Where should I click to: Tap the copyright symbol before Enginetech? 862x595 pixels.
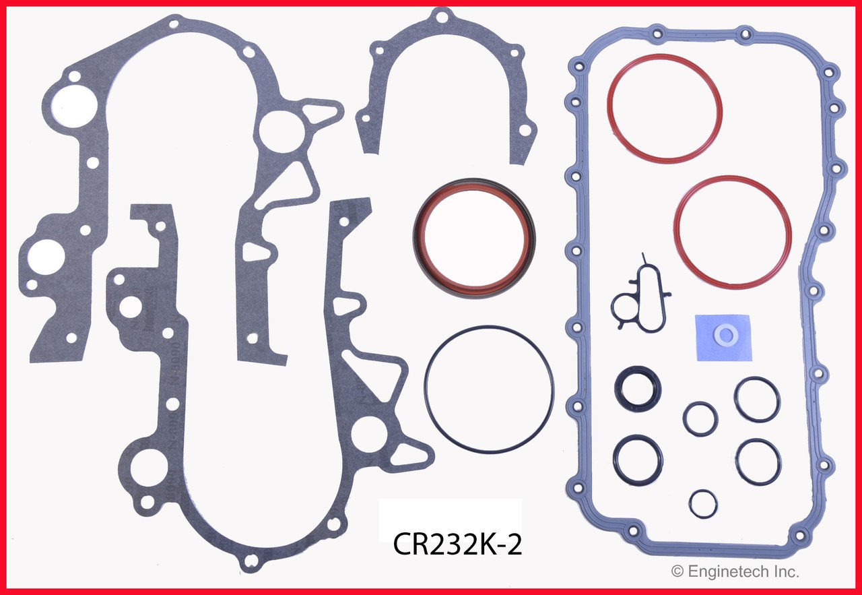pos(677,572)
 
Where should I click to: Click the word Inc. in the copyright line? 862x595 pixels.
pos(785,572)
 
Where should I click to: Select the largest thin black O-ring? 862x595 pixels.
pos(489,389)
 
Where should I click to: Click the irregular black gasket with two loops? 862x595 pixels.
pos(640,297)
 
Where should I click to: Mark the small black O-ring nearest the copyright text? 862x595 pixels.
pos(703,503)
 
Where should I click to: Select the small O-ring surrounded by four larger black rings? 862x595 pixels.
pos(700,419)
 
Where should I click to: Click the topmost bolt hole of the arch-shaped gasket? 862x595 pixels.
pos(440,13)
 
